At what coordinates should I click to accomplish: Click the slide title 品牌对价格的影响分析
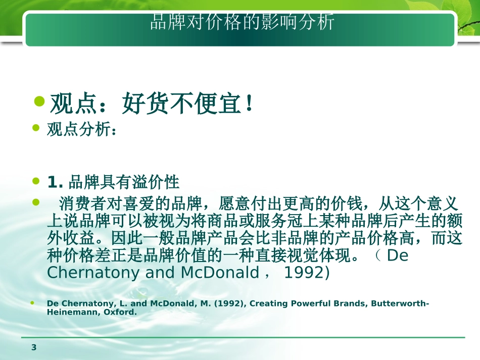pos(242,23)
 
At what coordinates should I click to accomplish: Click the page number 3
pos(34,347)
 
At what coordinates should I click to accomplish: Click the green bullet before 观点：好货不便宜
pos(39,103)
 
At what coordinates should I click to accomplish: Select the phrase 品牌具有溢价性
pos(124,181)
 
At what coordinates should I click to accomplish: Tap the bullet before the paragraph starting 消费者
pos(35,202)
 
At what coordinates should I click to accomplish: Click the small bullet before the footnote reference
pos(33,303)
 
